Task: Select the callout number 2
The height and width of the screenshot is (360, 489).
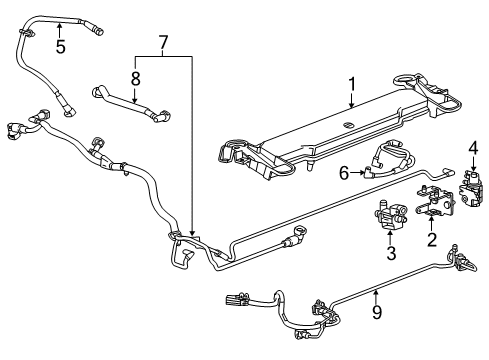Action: pyautogui.click(x=431, y=240)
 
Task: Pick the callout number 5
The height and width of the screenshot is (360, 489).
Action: pyautogui.click(x=60, y=46)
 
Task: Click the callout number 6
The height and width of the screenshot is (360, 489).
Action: pyautogui.click(x=343, y=173)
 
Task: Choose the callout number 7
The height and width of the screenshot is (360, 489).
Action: pyautogui.click(x=164, y=43)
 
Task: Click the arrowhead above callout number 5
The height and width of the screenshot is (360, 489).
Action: pyautogui.click(x=60, y=22)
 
